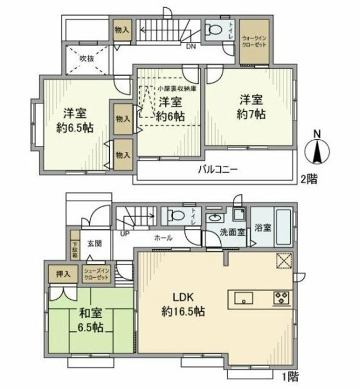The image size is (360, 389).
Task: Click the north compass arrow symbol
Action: pyautogui.click(x=317, y=150)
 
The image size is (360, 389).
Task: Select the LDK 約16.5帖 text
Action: pyautogui.click(x=182, y=304)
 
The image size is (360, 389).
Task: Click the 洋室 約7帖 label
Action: pyautogui.click(x=251, y=106)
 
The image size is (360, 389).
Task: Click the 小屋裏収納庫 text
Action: pyautogui.click(x=177, y=89)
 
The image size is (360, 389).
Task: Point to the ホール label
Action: pyautogui.click(x=163, y=238)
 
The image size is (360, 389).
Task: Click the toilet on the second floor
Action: pyautogui.click(x=214, y=29)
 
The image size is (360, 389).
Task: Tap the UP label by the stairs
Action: pyautogui.click(x=125, y=233)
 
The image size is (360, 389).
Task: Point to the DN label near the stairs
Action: pyautogui.click(x=190, y=47)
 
